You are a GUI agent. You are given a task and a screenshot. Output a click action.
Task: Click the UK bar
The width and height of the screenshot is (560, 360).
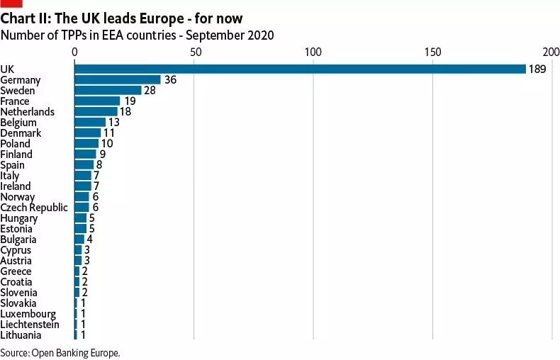pos(300,69)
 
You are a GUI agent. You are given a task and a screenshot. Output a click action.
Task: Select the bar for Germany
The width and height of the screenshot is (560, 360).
pos(118,80)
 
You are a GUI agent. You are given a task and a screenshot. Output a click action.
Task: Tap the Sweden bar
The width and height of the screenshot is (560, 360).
pos(108,91)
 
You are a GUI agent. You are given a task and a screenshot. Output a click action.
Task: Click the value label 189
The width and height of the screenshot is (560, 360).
pos(537,69)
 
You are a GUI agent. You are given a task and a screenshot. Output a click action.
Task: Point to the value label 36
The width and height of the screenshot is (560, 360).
pos(170,80)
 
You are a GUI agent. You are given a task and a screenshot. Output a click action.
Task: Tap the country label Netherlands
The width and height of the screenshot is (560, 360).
pos(27,112)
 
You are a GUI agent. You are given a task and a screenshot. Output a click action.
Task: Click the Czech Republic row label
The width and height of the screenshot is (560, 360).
pos(34,207)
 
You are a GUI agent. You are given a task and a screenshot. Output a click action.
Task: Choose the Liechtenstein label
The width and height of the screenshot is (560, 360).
pos(30,324)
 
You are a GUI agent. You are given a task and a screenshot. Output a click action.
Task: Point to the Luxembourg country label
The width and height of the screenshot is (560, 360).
pos(28,313)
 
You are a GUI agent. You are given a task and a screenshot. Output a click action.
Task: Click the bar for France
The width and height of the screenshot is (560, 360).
pos(97,101)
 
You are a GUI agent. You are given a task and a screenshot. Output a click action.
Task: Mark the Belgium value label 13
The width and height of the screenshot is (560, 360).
pos(113,123)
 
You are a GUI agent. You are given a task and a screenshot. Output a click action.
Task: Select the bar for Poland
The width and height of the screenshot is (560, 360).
pos(86,143)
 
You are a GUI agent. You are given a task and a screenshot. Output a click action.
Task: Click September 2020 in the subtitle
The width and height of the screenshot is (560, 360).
pos(235,35)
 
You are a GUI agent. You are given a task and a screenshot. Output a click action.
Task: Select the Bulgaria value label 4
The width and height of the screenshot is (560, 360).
pos(89,239)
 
